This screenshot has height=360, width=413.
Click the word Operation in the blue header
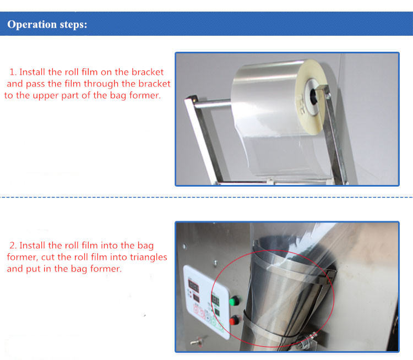coord(31,25)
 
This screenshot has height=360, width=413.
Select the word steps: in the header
coord(72,25)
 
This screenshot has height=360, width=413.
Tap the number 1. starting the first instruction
coord(13,72)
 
